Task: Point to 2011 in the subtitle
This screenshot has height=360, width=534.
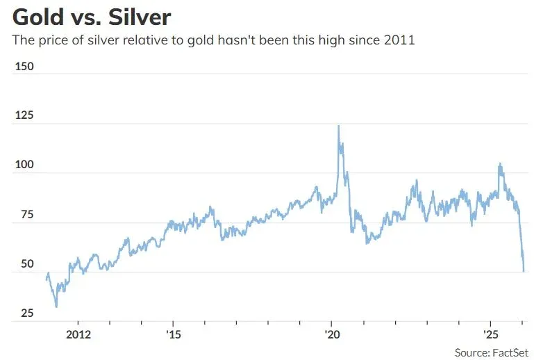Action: click(399, 40)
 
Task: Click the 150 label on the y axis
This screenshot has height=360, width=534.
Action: click(24, 67)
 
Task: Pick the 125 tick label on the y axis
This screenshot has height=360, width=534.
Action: click(24, 116)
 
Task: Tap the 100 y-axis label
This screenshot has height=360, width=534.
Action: click(24, 166)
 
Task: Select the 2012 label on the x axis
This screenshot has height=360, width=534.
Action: click(77, 333)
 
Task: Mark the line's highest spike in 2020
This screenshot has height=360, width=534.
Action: click(338, 126)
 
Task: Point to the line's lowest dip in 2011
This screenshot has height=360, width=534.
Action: click(56, 306)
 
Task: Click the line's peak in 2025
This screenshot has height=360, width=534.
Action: click(499, 164)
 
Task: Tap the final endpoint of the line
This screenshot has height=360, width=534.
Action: click(523, 271)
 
